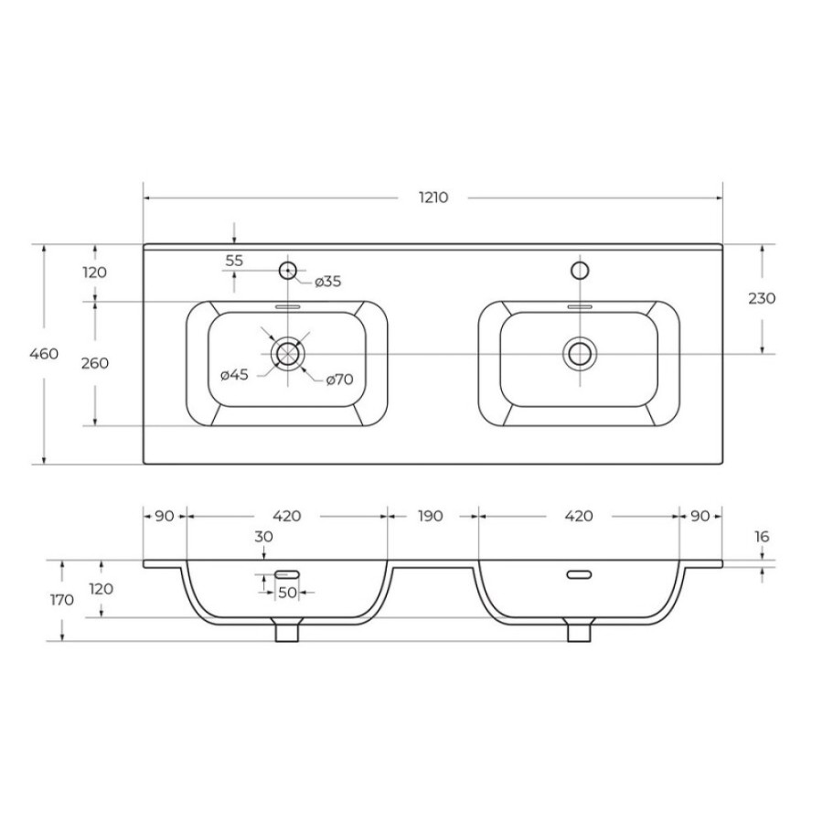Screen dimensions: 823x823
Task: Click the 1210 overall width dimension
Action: click(433, 198)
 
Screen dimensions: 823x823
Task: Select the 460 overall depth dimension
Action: click(44, 354)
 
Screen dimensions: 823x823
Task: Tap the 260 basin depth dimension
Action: click(95, 363)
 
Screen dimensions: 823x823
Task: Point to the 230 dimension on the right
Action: click(762, 298)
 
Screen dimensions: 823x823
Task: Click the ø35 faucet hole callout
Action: click(328, 282)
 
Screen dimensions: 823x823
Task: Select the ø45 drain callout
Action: click(234, 375)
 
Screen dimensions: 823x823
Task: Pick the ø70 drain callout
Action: click(339, 379)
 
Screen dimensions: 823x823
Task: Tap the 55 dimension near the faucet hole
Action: click(234, 261)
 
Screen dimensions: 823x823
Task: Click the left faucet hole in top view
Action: click(288, 271)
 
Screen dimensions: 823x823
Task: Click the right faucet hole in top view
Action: click(580, 271)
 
